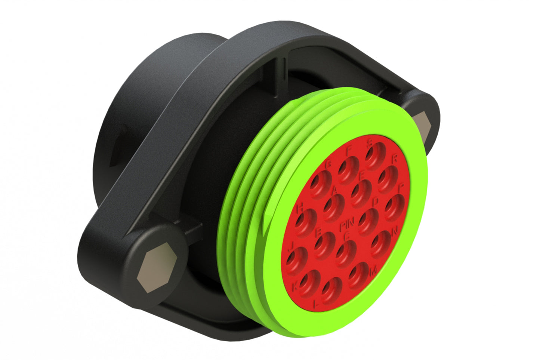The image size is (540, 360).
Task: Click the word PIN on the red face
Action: click(x=347, y=226)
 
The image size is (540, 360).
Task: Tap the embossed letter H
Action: click(x=299, y=208)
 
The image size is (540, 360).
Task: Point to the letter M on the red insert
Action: click(x=373, y=271)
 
